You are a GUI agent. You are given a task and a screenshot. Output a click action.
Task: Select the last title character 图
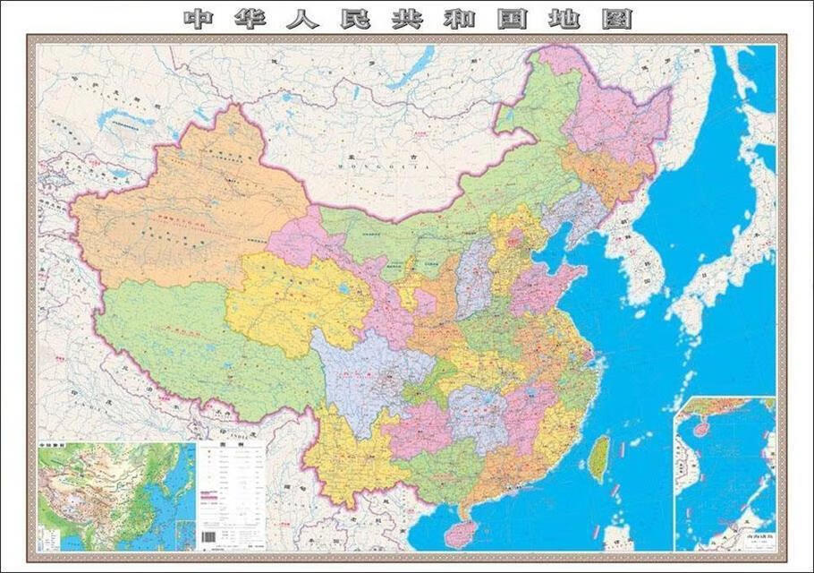616,18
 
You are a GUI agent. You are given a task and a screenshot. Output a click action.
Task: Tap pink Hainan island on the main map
461,534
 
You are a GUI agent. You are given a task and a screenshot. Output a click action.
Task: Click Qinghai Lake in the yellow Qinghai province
342,291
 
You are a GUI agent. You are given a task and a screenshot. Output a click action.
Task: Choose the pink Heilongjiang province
617,116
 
